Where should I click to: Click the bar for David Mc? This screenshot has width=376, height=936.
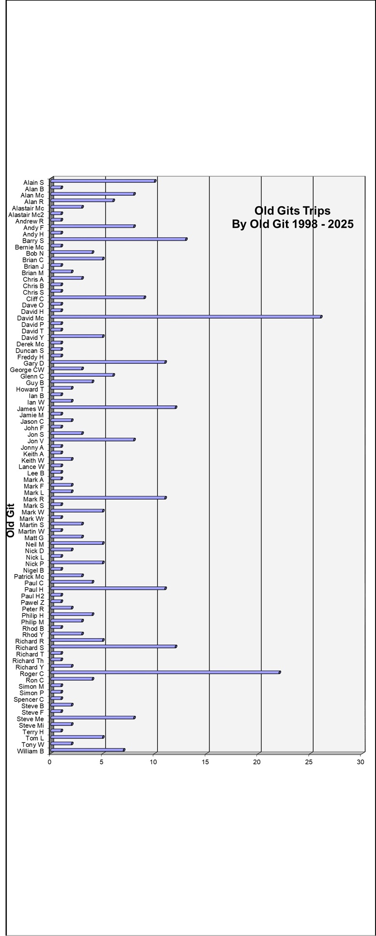(186, 317)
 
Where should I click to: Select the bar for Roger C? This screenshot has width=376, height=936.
(165, 672)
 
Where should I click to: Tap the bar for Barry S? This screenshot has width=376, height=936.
(119, 239)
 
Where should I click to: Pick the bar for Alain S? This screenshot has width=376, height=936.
(103, 181)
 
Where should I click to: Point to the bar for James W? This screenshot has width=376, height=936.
(113, 407)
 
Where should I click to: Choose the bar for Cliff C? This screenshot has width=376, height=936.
(98, 297)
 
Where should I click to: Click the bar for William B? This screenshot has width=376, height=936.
(88, 750)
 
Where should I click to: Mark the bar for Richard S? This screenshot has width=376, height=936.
(113, 646)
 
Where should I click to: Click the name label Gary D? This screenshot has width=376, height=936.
(33, 363)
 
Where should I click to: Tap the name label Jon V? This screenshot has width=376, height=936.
(35, 441)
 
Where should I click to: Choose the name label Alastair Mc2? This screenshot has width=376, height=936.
(26, 214)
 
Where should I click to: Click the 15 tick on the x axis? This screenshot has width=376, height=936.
(205, 762)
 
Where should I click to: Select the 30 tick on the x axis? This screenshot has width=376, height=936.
(361, 762)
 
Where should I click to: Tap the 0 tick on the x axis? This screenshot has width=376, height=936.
(49, 762)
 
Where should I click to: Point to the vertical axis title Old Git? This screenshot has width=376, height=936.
(11, 520)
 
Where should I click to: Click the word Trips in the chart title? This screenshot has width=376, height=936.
(317, 211)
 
